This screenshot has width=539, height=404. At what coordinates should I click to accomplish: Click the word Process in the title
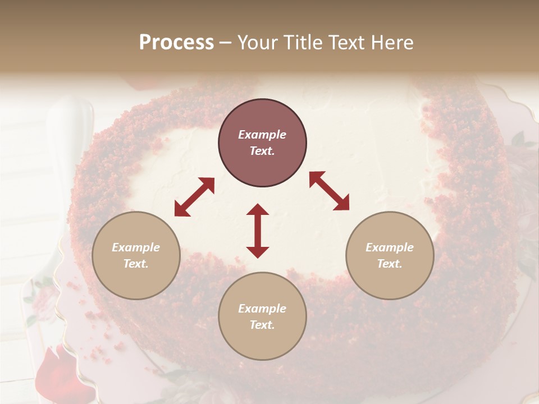[x=176, y=43]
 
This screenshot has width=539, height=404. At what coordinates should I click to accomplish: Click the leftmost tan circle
[x=136, y=255]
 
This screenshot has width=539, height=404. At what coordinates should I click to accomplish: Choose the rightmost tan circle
[x=390, y=255]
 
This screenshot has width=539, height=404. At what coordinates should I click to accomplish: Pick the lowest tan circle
[x=262, y=316]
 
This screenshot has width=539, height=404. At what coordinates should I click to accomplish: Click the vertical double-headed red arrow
[x=258, y=231]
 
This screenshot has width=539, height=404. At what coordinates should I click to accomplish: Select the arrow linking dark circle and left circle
[x=194, y=197]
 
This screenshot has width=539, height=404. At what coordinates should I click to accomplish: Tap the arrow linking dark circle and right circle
[x=329, y=191]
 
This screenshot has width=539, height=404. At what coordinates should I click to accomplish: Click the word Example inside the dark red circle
[x=262, y=135]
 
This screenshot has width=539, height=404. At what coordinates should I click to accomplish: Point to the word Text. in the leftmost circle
[x=136, y=264]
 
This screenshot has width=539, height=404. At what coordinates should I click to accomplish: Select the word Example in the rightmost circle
[x=390, y=247]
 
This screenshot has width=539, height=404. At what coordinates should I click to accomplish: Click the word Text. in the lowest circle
[x=262, y=325]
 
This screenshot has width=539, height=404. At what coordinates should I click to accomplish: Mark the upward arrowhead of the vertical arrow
[x=258, y=209]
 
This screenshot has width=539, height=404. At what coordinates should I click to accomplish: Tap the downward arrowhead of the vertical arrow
[x=258, y=252]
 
